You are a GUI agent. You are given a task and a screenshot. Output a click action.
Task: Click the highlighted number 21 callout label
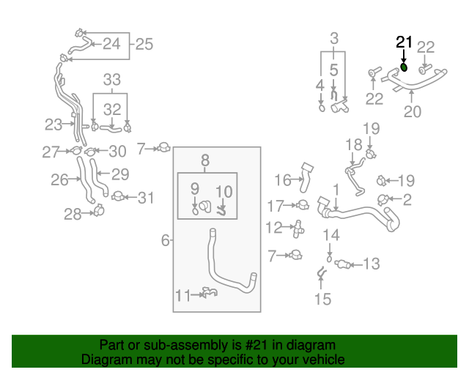[404, 42]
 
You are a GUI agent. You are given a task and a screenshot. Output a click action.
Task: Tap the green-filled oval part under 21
[404, 68]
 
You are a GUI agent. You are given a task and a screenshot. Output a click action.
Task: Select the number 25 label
[144, 45]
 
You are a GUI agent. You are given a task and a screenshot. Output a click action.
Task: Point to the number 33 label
[111, 80]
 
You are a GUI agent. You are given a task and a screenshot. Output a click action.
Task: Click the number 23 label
[53, 125]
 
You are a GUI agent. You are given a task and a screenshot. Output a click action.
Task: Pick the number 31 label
[147, 197]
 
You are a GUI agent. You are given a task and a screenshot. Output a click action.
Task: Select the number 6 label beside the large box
[165, 240]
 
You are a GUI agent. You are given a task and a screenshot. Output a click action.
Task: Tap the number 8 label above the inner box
[205, 158]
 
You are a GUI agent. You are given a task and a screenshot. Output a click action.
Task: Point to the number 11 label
[183, 295]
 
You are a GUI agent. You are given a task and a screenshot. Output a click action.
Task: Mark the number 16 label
[283, 179]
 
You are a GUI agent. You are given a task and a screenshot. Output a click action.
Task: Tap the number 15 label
[322, 298]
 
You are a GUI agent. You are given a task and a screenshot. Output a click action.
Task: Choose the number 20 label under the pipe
[413, 112]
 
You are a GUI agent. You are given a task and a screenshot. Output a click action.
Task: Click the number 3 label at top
[334, 38]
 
